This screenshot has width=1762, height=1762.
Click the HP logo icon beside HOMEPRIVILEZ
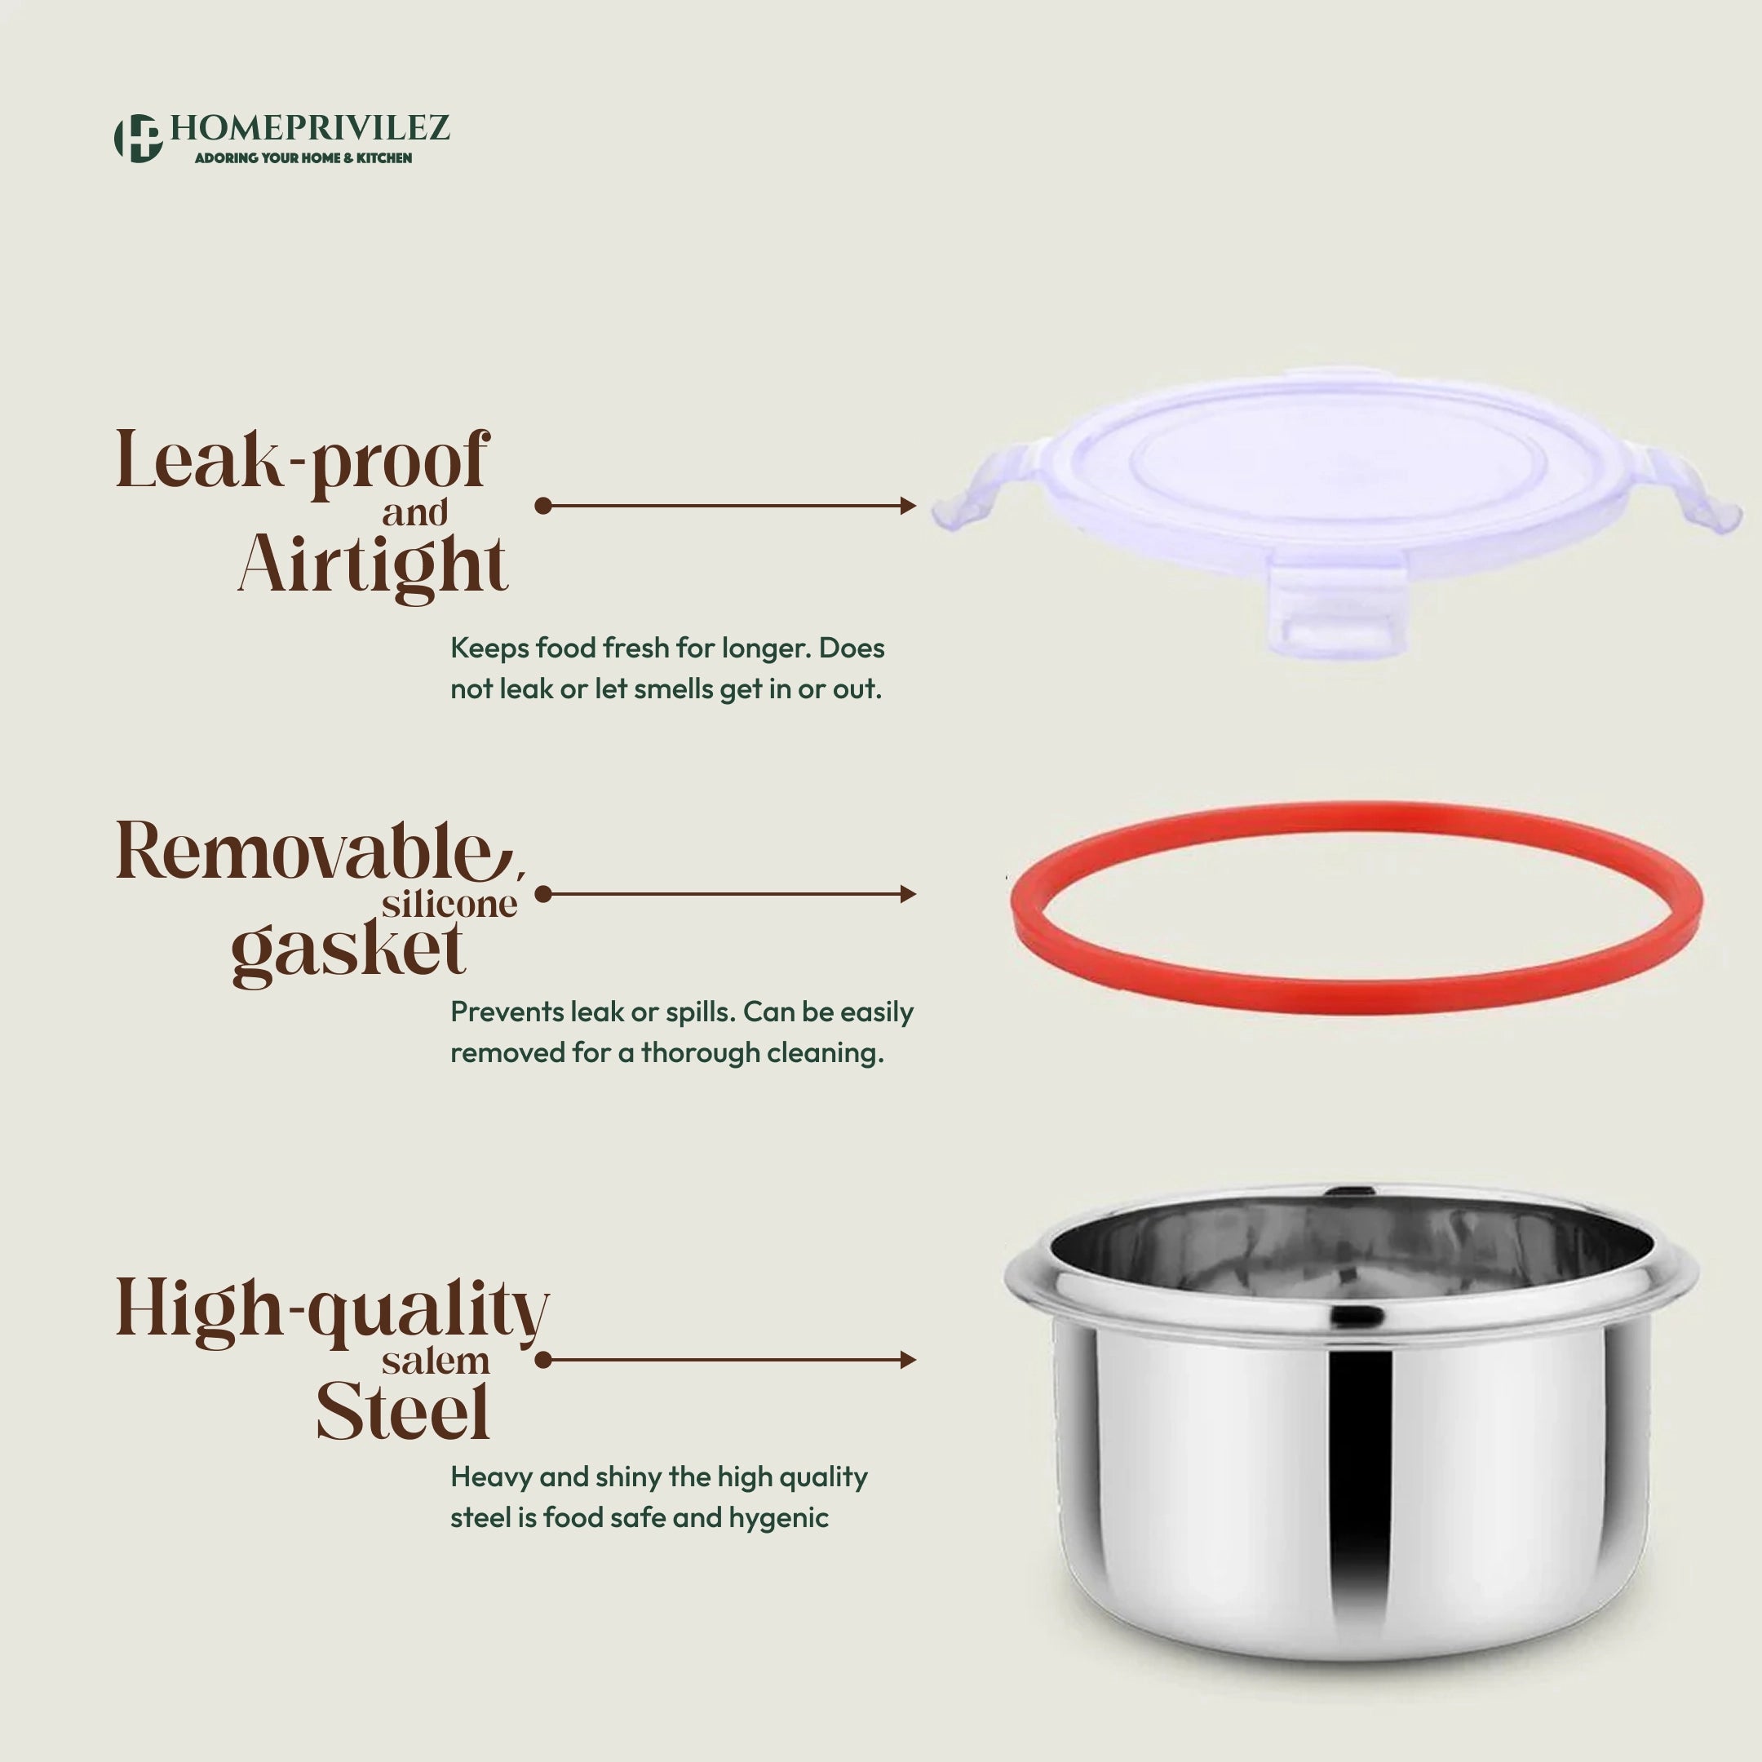coord(138,139)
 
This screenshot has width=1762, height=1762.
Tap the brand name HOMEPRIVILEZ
coord(310,128)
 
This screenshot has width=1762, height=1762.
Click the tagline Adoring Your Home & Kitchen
coord(303,157)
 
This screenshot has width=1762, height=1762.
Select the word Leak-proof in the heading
coord(303,463)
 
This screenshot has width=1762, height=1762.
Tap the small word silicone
coord(449,904)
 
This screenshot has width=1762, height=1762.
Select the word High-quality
coord(332,1312)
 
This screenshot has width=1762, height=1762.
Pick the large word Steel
coord(403,1412)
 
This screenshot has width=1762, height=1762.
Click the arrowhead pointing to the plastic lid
coord(907,505)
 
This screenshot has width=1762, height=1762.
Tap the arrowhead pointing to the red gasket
coord(907,894)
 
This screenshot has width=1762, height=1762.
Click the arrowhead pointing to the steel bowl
coord(907,1360)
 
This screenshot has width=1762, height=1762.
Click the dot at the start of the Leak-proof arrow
coord(543,505)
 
